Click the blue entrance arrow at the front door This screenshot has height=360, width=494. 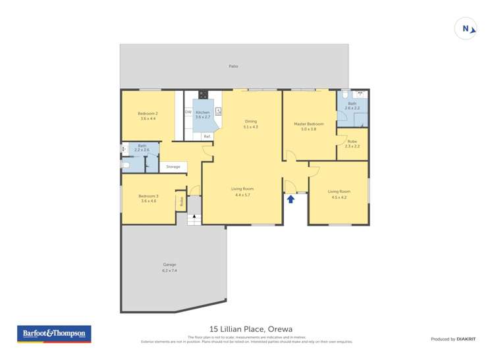pos(290,198)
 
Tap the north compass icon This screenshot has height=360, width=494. pos(466,29)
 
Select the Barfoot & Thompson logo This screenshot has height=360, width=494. pos(54,334)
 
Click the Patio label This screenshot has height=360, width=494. pos(233,66)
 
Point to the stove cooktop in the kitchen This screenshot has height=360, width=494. pos(204,94)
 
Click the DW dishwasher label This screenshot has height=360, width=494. pos(188,113)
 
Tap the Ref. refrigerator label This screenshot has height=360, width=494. pos(207,136)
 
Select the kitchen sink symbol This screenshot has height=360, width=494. pos(218,111)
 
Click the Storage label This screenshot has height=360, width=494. pos(173,167)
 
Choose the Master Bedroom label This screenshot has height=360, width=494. pos(308,124)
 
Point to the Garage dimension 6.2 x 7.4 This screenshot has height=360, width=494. pos(169,270)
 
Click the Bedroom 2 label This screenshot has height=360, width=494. pos(148,113)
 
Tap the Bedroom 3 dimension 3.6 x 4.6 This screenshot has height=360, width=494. pos(148,201)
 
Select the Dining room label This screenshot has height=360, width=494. pos(250,121)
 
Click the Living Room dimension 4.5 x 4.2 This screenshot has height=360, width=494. pos(338,197)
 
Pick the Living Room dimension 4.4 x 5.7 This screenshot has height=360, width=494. pos(242,195)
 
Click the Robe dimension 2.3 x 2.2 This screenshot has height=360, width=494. pos(352,146)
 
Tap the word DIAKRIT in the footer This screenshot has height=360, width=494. pos(466,339)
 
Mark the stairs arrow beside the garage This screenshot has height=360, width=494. pos(193,220)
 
